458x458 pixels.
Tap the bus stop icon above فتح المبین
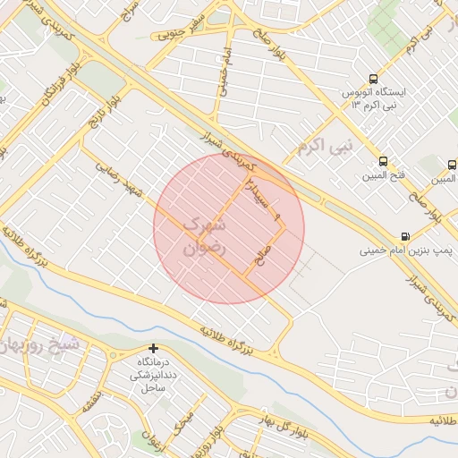384,162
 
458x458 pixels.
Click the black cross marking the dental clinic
154,348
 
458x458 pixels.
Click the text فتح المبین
384,174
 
